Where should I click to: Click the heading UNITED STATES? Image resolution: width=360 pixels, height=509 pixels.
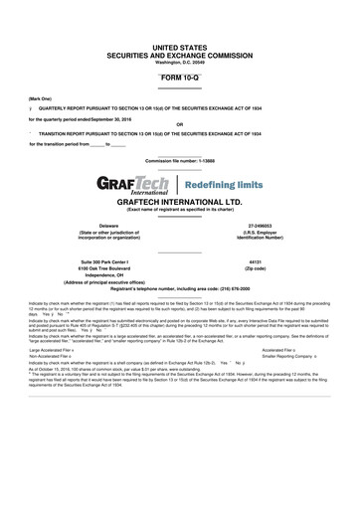[179, 46]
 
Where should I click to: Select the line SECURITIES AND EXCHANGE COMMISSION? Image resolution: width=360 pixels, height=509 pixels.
[179, 55]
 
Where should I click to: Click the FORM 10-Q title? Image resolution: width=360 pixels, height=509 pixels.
[179, 78]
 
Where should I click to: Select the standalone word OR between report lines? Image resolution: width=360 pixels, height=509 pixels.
[179, 125]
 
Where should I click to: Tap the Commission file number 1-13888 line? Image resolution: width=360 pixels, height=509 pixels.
[179, 160]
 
